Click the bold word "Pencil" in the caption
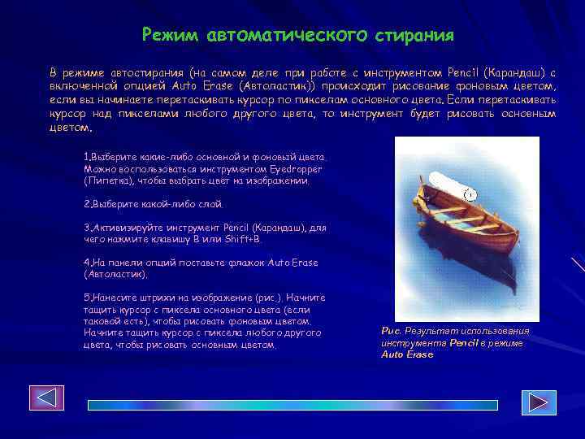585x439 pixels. [465, 343]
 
